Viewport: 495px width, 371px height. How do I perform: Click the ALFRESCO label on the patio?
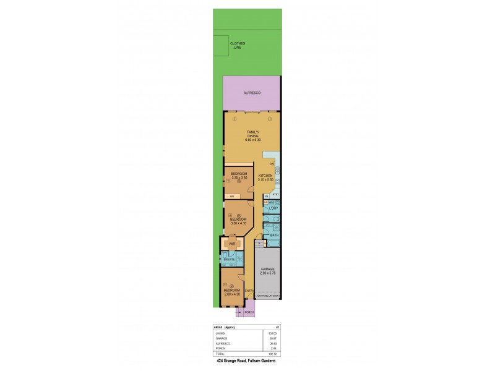251,92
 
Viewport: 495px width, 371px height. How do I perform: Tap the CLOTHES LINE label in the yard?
238,45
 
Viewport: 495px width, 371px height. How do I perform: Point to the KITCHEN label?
265,177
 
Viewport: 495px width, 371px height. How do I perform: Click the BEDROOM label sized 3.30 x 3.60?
239,175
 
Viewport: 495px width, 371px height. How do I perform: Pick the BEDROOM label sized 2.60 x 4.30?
231,292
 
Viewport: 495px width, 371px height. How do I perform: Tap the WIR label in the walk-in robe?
233,244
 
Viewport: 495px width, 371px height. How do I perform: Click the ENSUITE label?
229,259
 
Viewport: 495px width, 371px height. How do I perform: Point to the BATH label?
273,236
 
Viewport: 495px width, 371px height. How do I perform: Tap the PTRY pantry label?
275,195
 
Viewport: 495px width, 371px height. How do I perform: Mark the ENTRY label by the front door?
249,291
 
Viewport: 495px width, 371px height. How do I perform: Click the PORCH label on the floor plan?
249,312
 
